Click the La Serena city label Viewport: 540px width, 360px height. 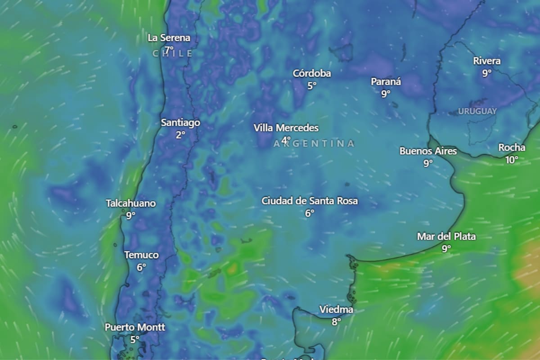[x=169, y=38]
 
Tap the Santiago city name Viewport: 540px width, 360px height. [x=180, y=122]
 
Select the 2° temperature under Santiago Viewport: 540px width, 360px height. [x=180, y=135]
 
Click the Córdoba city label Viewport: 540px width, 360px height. [x=312, y=73]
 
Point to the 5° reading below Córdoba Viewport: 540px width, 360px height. [x=312, y=85]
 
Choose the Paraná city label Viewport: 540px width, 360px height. [x=386, y=81]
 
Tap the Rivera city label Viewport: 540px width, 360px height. [x=487, y=61]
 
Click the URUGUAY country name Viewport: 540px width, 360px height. [x=477, y=111]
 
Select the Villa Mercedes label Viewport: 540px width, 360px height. [x=286, y=128]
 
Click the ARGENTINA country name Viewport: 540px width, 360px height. [x=314, y=144]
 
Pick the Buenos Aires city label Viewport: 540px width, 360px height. [x=428, y=151]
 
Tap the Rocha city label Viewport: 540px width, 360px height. [x=512, y=148]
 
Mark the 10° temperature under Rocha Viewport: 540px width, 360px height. [x=512, y=160]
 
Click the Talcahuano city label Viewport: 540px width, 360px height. [x=130, y=203]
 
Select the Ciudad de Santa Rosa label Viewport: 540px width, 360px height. [x=310, y=201]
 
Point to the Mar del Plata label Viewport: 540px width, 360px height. [x=446, y=236]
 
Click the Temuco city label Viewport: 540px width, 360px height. [x=141, y=255]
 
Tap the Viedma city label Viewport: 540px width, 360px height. [x=336, y=310]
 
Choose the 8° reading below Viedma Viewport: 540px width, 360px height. [x=336, y=322]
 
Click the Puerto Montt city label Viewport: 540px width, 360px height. [x=135, y=327]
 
